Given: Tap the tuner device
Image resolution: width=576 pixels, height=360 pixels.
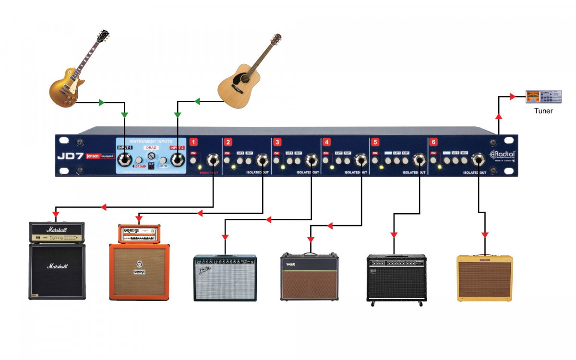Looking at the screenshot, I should click(x=543, y=97).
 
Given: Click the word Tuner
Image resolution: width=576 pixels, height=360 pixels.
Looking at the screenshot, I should click(x=543, y=111).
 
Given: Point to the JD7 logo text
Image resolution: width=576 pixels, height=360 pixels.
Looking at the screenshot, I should click(x=70, y=156).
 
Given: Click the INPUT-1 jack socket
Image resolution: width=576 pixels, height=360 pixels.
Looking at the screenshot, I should click(x=126, y=159).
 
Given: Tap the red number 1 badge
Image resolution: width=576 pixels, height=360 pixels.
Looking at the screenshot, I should click(x=193, y=142).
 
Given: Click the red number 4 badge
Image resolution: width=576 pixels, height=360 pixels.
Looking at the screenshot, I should click(x=327, y=142).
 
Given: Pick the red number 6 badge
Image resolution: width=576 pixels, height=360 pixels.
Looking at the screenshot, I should click(x=433, y=142).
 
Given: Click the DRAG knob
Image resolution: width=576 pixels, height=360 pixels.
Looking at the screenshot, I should click(x=151, y=156).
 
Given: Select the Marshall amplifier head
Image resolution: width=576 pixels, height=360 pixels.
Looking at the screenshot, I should click(x=57, y=232).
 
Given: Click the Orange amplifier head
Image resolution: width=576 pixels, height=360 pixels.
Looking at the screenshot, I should click(x=139, y=234).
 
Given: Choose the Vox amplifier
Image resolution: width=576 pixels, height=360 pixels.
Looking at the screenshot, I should click(x=310, y=277).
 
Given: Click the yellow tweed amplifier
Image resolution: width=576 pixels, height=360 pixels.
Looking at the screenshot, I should click(x=485, y=278).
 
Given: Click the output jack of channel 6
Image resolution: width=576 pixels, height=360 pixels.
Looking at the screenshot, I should click(x=479, y=159).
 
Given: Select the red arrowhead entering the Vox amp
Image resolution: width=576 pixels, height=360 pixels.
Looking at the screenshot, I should click(x=310, y=239).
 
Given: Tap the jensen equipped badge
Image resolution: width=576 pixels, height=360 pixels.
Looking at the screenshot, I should click(x=100, y=156).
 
